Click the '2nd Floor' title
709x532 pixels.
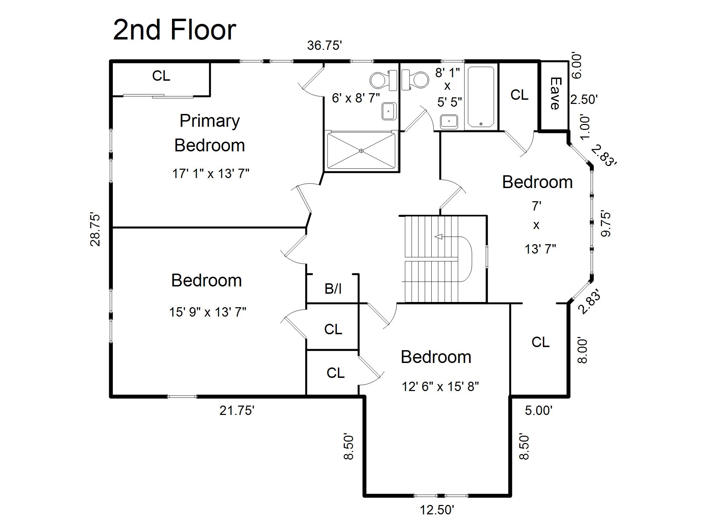174,30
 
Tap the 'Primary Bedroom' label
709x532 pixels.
210,133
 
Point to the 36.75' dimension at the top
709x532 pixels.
324,45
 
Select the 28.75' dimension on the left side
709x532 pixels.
95,229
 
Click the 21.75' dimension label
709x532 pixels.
237,410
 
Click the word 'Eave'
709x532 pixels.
555,94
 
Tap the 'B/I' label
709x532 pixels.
333,289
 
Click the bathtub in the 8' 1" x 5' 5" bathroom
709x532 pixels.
481,97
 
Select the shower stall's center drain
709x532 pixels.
361,151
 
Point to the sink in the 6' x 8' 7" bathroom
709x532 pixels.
389,111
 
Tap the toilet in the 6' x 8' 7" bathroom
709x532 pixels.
383,80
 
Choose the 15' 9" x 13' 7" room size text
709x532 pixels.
207,312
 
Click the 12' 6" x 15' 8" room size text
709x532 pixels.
440,386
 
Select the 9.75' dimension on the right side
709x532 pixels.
606,223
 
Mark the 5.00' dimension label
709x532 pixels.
539,410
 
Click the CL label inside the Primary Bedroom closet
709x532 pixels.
161,76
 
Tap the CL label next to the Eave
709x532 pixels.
519,95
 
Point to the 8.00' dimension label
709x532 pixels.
582,351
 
